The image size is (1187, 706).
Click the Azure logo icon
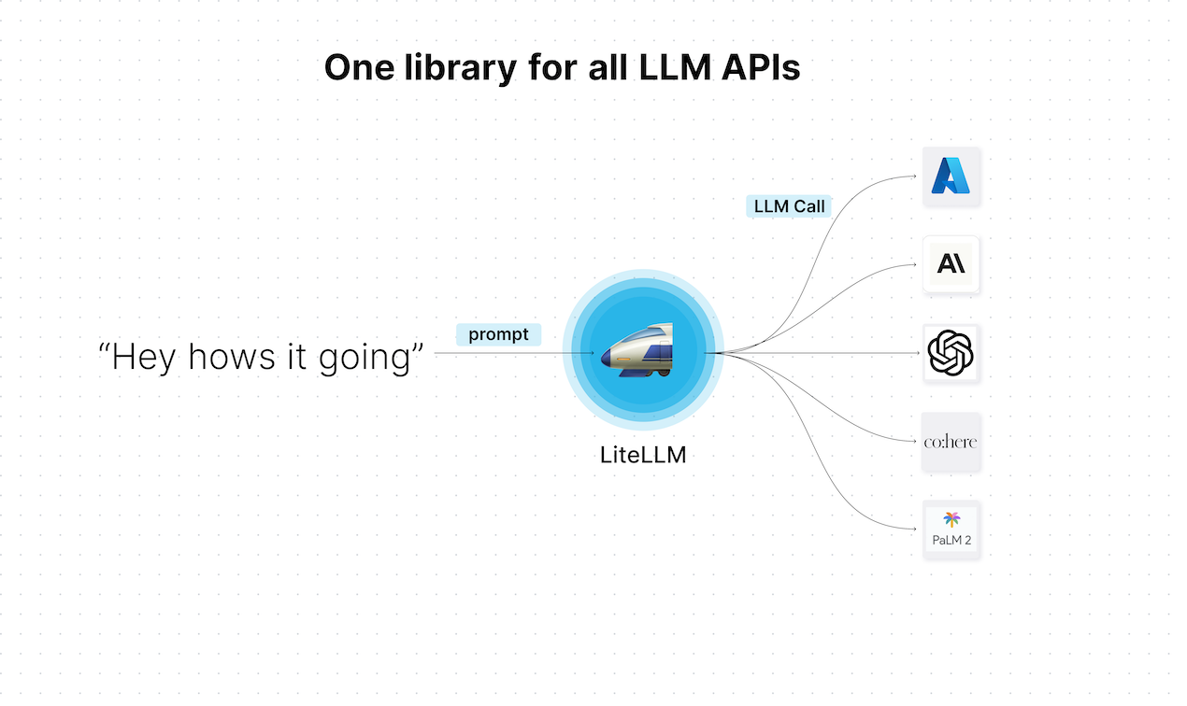[x=951, y=176]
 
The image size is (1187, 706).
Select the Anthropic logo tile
[x=951, y=264]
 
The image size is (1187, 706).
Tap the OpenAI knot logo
[x=951, y=353]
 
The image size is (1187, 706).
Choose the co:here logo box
[x=951, y=441]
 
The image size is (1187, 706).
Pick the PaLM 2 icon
[x=951, y=529]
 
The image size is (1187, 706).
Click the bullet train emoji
[x=639, y=352]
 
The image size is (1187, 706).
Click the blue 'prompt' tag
[x=498, y=334]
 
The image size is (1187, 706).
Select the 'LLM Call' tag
[x=790, y=206]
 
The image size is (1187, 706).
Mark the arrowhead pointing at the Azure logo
[x=914, y=176]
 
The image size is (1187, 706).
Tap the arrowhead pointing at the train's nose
[x=591, y=353]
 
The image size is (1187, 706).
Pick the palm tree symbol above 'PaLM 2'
[x=951, y=519]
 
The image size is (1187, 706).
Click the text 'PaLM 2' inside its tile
[x=951, y=540]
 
